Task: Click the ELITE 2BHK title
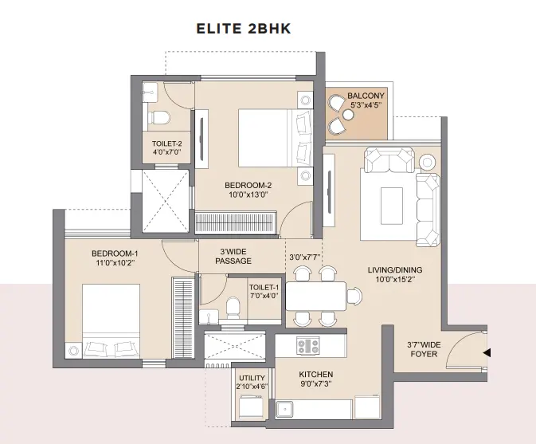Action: coord(244,29)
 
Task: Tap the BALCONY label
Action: coord(366,96)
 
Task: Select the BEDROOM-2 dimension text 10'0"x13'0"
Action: coord(248,194)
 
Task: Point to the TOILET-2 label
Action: coord(166,143)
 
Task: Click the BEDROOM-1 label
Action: coord(115,253)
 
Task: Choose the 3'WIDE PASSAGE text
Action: coord(233,256)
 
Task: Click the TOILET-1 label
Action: coord(264,287)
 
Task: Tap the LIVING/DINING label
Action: coord(395,270)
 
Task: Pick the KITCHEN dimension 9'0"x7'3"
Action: coord(316,383)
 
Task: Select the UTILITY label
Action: coord(252,378)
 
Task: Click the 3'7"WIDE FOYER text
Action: coord(424,349)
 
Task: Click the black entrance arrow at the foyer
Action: coord(487,352)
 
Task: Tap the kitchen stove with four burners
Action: coord(308,345)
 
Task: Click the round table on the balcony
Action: coord(348,116)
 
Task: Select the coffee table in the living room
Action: coord(391,206)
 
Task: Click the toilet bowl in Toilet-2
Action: coord(159,117)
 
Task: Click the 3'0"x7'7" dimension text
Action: coord(304,257)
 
